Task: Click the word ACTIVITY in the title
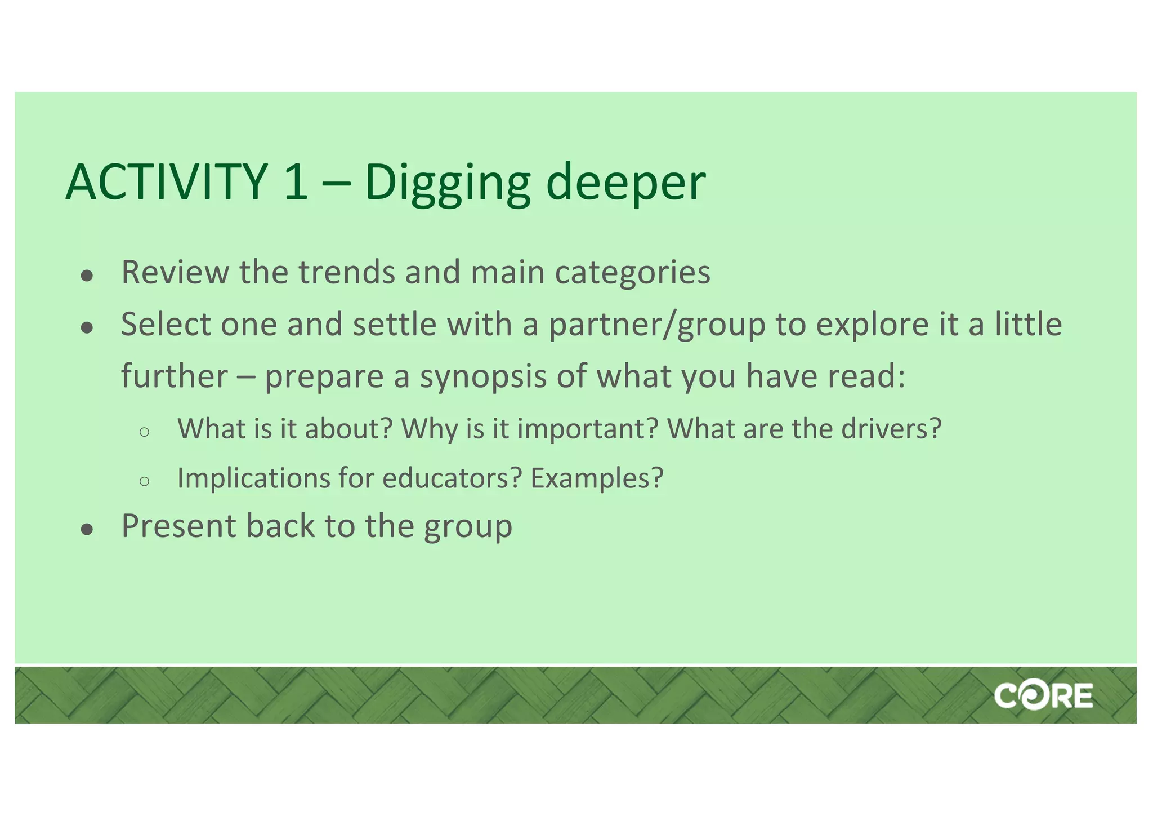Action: click(x=166, y=182)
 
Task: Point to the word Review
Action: click(x=175, y=272)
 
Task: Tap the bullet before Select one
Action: click(x=87, y=327)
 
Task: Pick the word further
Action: click(x=175, y=376)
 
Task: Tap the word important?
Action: click(x=588, y=430)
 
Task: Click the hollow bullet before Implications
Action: click(x=144, y=481)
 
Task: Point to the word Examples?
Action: click(x=597, y=478)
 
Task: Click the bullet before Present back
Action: click(x=87, y=529)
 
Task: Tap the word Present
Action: click(x=178, y=526)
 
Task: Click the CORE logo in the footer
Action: click(x=1043, y=696)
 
